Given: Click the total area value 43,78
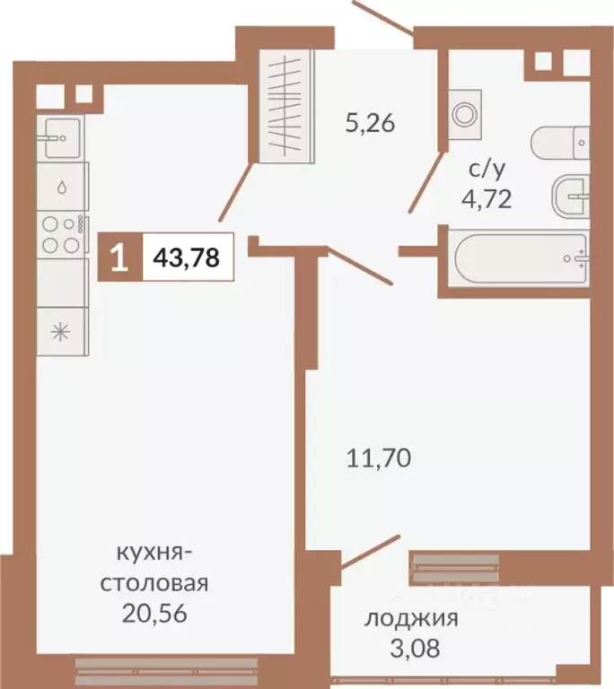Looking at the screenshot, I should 187,258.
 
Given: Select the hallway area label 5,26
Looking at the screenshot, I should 371,123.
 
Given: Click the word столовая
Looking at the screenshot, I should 153,584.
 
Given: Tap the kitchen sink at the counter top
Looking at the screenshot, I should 61,139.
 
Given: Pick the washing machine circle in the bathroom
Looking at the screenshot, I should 464,113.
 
